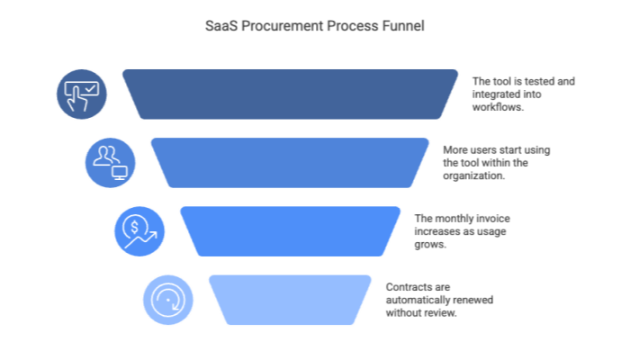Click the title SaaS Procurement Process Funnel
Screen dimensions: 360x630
click(x=316, y=28)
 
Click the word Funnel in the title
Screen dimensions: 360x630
click(x=406, y=28)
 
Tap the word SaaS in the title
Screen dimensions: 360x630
click(x=222, y=28)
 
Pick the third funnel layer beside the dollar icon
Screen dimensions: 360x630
click(x=291, y=231)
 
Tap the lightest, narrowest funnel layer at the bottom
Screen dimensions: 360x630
click(x=291, y=300)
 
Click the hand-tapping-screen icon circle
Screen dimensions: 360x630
click(x=82, y=94)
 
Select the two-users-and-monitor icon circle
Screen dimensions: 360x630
click(x=111, y=163)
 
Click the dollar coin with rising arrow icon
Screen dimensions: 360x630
click(x=139, y=231)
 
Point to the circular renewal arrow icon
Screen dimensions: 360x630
click(x=168, y=300)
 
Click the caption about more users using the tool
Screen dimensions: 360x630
click(x=496, y=163)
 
